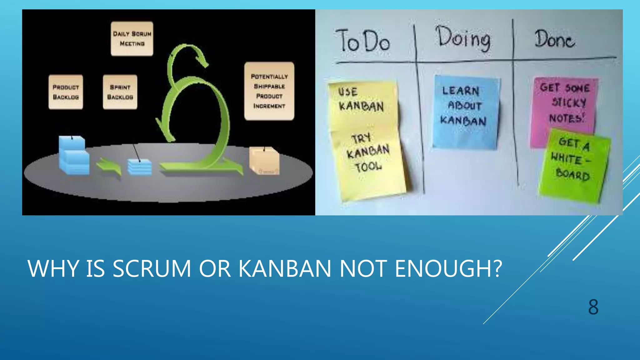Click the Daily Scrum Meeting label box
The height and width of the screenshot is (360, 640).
pyautogui.click(x=132, y=39)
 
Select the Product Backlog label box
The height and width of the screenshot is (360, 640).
pyautogui.click(x=66, y=92)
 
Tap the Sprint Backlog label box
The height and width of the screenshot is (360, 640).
pyautogui.click(x=120, y=92)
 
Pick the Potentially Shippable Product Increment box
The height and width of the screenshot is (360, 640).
pyautogui.click(x=269, y=91)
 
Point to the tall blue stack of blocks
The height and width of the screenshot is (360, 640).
pyautogui.click(x=74, y=155)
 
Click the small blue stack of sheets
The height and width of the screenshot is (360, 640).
pyautogui.click(x=140, y=167)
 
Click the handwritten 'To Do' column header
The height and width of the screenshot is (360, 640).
pyautogui.click(x=362, y=41)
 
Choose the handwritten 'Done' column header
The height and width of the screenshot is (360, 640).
pyautogui.click(x=554, y=39)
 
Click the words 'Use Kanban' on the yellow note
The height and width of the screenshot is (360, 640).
pyautogui.click(x=361, y=99)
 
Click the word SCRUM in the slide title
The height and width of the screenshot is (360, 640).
pyautogui.click(x=152, y=268)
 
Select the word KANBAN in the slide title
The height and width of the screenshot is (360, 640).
pyautogui.click(x=285, y=268)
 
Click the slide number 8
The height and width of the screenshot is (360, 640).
pyautogui.click(x=593, y=307)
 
